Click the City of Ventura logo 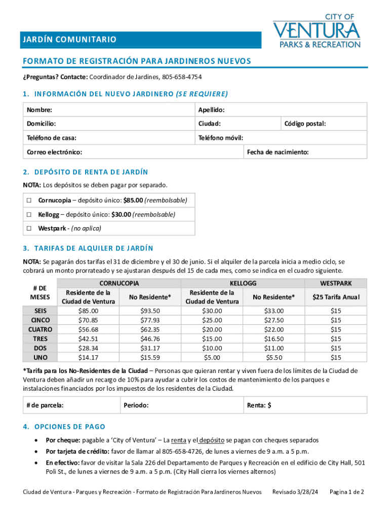point(317,31)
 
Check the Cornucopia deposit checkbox point(30,201)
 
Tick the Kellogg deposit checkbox point(30,214)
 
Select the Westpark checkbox point(30,229)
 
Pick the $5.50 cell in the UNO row point(274,357)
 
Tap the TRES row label point(41,339)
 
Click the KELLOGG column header point(243,283)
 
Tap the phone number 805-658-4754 point(181,77)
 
